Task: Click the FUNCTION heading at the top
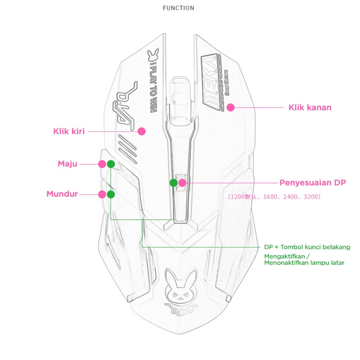click(x=179, y=8)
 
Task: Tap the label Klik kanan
click(x=310, y=108)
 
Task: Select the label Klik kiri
click(x=69, y=131)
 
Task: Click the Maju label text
click(x=67, y=163)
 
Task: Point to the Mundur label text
click(x=62, y=194)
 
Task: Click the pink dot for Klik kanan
click(x=231, y=108)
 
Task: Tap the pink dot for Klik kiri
click(x=142, y=131)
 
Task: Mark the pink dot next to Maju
click(x=102, y=164)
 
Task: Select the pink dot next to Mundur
click(x=102, y=194)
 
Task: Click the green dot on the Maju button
click(x=111, y=164)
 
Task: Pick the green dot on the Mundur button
click(x=111, y=194)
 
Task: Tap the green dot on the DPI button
click(x=173, y=183)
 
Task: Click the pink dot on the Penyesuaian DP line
click(x=182, y=183)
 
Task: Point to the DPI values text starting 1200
click(x=274, y=197)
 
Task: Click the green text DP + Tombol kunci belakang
click(x=307, y=247)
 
